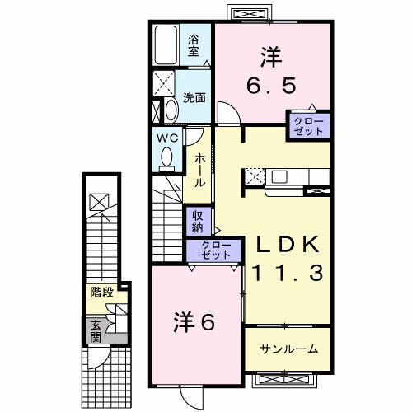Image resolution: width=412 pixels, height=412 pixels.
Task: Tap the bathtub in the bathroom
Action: pyautogui.click(x=166, y=45)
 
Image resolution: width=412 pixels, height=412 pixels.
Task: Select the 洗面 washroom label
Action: pyautogui.click(x=194, y=97)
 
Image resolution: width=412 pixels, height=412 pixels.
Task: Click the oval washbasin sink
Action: pyautogui.click(x=172, y=110)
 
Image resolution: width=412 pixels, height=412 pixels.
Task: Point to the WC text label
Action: pyautogui.click(x=167, y=138)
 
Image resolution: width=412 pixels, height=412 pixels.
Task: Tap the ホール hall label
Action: pyautogui.click(x=200, y=171)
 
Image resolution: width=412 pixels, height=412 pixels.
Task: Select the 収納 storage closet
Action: pyautogui.click(x=198, y=222)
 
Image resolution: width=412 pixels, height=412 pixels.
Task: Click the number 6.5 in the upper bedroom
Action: pyautogui.click(x=271, y=86)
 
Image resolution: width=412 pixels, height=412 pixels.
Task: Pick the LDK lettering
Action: pyautogui.click(x=288, y=244)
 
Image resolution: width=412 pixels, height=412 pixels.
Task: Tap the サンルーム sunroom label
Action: pyautogui.click(x=289, y=349)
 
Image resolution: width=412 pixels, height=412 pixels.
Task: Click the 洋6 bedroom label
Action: pyautogui.click(x=194, y=322)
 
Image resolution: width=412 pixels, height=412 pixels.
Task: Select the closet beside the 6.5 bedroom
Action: pyautogui.click(x=308, y=126)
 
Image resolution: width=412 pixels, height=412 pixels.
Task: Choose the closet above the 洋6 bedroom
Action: pyautogui.click(x=214, y=250)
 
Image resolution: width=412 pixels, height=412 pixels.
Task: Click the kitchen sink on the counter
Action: pyautogui.click(x=279, y=176)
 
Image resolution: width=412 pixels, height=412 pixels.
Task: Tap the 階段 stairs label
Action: pyautogui.click(x=102, y=293)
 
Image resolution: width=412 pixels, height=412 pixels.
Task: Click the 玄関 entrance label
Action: pyautogui.click(x=96, y=331)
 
